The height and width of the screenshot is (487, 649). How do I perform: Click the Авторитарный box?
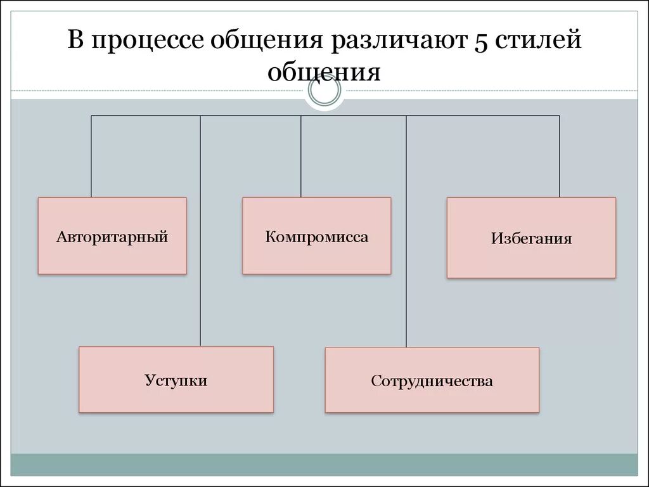pyautogui.click(x=112, y=236)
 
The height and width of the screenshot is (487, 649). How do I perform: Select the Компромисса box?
pyautogui.click(x=316, y=236)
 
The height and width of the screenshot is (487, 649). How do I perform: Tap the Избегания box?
pyautogui.click(x=531, y=238)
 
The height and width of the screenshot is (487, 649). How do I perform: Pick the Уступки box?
pyautogui.click(x=176, y=379)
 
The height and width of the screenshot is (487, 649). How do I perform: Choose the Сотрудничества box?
pyautogui.click(x=432, y=380)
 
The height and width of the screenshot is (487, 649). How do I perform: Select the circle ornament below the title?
pyautogui.click(x=324, y=93)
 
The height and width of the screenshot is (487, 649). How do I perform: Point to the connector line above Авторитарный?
pyautogui.click(x=91, y=156)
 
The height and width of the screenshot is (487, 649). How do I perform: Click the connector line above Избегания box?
pyautogui.click(x=559, y=156)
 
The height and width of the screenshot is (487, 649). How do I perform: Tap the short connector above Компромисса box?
pyautogui.click(x=301, y=156)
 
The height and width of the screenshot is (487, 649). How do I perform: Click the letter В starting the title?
pyautogui.click(x=76, y=42)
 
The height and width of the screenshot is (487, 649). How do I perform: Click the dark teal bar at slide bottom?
pyautogui.click(x=324, y=464)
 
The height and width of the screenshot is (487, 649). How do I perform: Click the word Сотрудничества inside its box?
pyautogui.click(x=432, y=381)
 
